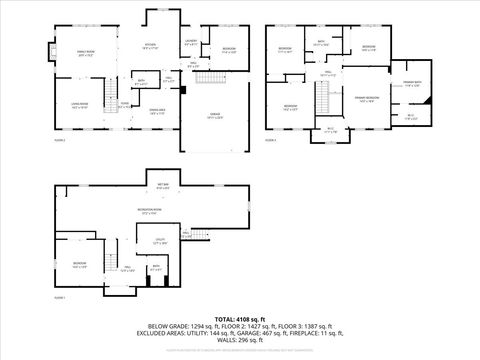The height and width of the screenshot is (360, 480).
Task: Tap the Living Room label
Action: pos(79,103)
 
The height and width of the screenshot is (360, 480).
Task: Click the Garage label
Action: pos(215,115)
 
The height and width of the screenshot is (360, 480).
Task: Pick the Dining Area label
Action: pos(157,112)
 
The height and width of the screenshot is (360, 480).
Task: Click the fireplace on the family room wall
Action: pos(44,53)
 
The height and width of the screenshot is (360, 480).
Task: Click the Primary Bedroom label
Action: pos(366,98)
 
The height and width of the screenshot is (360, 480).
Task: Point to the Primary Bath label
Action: pos(413,82)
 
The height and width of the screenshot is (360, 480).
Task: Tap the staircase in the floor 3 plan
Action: pos(323,97)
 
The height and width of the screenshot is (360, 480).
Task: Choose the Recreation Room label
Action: pos(151,211)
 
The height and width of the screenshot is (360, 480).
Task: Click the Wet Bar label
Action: pos(163,186)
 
